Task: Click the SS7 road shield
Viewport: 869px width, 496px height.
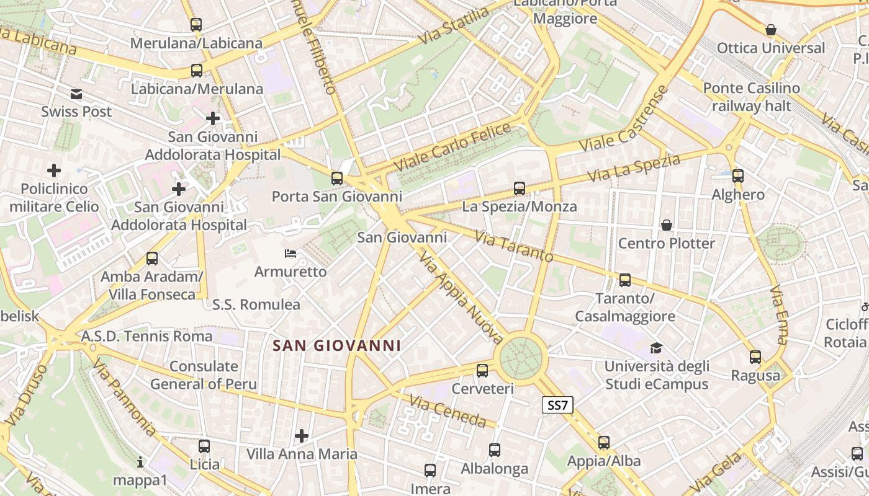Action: click(x=557, y=405)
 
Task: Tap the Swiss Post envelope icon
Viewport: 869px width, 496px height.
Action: click(x=76, y=94)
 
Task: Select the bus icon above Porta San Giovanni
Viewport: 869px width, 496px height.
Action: click(x=337, y=179)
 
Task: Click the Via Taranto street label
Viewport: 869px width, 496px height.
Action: click(x=514, y=247)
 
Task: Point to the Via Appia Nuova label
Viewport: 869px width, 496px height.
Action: click(x=461, y=298)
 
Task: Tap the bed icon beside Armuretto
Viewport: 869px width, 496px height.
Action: click(x=290, y=253)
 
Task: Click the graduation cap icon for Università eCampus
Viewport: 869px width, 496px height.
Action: click(x=656, y=348)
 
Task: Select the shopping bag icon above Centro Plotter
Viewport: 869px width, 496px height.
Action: click(x=667, y=224)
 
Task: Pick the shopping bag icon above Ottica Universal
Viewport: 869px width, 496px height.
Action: click(x=771, y=30)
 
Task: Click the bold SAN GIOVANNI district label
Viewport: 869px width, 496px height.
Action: click(x=337, y=346)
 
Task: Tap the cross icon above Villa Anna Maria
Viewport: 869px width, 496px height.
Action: click(x=302, y=436)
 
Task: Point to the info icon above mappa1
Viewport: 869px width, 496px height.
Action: click(x=140, y=462)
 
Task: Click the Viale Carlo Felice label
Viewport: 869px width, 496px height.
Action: click(x=453, y=148)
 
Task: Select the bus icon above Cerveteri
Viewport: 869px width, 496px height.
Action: click(x=482, y=371)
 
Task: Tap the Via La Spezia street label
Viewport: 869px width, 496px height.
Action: click(x=634, y=168)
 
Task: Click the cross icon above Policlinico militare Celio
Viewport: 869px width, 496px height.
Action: click(x=54, y=170)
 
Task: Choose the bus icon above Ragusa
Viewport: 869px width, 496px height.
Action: click(x=755, y=357)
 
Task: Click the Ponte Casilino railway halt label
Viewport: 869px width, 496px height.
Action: click(x=752, y=97)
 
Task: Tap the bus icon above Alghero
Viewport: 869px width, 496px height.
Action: click(x=738, y=176)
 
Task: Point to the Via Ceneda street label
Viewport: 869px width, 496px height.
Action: click(x=448, y=412)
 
